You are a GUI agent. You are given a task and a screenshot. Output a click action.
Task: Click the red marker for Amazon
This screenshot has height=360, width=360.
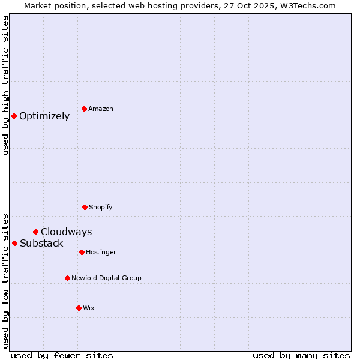click(84, 109)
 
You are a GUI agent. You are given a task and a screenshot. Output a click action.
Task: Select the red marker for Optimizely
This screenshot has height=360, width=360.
click(14, 116)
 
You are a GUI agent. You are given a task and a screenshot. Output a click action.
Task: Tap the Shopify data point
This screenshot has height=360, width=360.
click(85, 207)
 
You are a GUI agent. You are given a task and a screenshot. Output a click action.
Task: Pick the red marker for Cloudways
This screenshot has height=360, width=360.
click(35, 232)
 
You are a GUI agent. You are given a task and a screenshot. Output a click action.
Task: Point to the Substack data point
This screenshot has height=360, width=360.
click(14, 243)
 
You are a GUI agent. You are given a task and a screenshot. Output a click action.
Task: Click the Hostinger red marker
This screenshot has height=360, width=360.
click(82, 252)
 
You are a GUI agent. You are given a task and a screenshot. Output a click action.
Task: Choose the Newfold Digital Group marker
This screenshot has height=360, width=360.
click(67, 278)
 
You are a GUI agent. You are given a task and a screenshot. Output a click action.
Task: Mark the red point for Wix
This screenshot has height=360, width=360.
click(79, 308)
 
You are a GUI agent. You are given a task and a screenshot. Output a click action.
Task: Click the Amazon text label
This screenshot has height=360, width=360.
click(101, 109)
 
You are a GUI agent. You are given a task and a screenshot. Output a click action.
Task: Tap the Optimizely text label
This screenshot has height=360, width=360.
click(44, 116)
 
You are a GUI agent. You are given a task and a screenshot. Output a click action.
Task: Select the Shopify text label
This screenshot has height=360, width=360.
click(101, 207)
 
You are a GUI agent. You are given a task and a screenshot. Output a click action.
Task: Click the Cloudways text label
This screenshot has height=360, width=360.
click(67, 232)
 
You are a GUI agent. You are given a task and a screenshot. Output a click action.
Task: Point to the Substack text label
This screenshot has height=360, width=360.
click(41, 243)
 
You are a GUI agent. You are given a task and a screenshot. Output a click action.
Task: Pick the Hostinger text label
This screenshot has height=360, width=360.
click(101, 252)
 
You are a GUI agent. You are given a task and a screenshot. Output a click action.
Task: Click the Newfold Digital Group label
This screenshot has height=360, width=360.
click(106, 278)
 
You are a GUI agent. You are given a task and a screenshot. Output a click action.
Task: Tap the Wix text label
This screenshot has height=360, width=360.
click(89, 308)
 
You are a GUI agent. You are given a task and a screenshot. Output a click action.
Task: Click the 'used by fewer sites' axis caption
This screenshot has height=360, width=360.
click(62, 355)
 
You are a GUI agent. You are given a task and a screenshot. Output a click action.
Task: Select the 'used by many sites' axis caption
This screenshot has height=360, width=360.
click(301, 355)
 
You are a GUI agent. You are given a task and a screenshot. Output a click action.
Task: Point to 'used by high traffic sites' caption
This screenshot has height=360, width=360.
click(5, 86)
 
